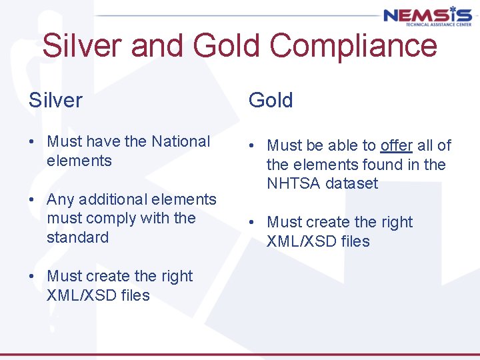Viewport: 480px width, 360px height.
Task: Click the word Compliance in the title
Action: [x=354, y=47]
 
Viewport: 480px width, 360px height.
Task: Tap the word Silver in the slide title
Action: [x=81, y=47]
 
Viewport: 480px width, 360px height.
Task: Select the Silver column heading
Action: [x=55, y=100]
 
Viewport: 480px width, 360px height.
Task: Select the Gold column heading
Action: [x=271, y=100]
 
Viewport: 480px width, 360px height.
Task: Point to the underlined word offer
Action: [x=397, y=145]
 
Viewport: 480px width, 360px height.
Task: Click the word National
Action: [x=181, y=141]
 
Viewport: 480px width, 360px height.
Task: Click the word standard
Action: [x=77, y=237]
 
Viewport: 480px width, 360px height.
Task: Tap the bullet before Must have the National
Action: [x=32, y=142]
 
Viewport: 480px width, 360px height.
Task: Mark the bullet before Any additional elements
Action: [x=32, y=200]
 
